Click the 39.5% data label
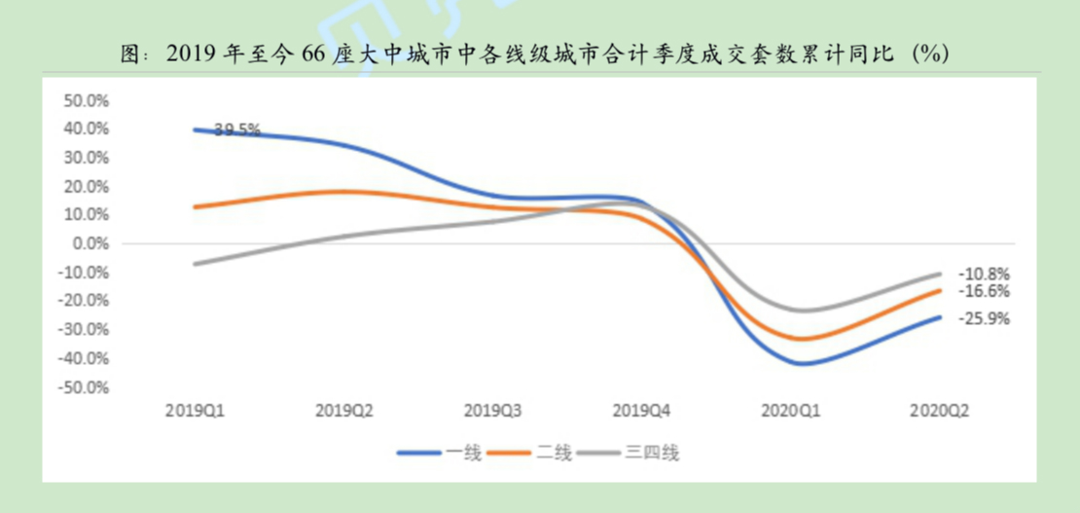coord(236,128)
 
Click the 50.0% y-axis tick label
coord(85,100)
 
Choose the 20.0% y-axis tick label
coord(85,186)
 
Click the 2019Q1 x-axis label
coord(195,411)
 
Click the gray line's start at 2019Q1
coord(195,264)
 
